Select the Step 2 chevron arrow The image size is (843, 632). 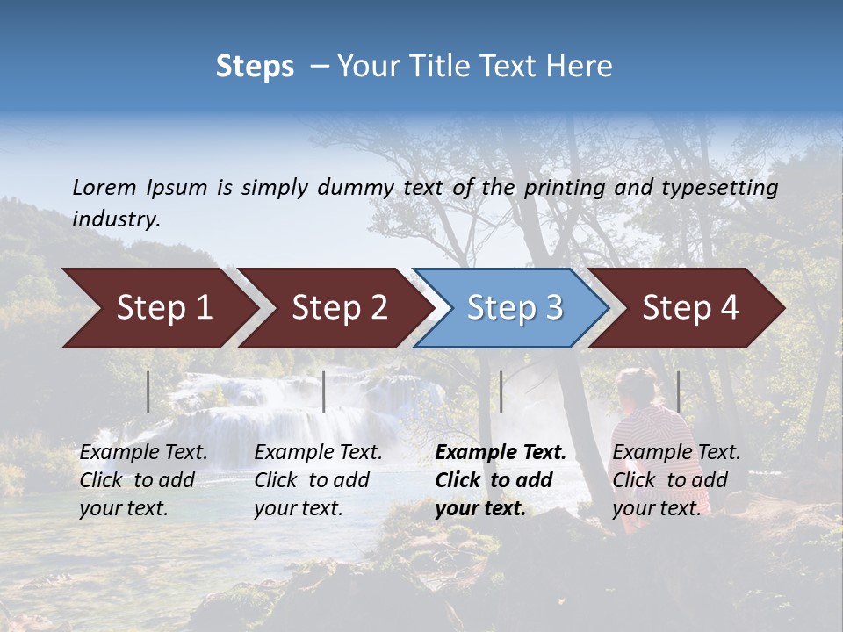(338, 308)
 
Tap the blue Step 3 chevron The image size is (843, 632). (514, 308)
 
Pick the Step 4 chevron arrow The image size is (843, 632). (689, 308)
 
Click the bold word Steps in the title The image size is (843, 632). (255, 67)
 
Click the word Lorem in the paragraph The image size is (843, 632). (104, 187)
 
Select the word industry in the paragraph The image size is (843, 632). (116, 219)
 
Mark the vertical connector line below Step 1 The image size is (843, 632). (148, 391)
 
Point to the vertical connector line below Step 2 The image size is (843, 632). (324, 391)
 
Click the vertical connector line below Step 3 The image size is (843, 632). (501, 391)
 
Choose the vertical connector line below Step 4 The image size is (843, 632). (678, 391)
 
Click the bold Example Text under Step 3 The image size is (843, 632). (501, 453)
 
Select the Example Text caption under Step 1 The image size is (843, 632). (144, 453)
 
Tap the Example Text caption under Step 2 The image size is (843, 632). (319, 453)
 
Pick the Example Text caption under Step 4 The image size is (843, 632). (676, 453)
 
